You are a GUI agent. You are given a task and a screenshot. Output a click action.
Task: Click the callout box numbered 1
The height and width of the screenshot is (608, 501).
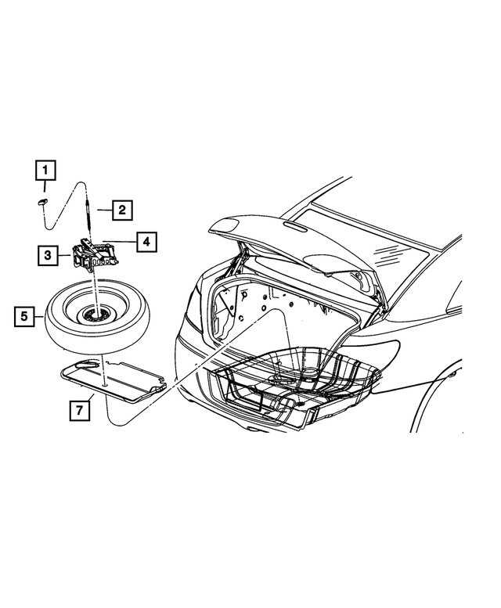click(x=45, y=169)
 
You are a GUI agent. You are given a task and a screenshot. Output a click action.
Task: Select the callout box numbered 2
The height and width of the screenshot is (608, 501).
click(x=121, y=210)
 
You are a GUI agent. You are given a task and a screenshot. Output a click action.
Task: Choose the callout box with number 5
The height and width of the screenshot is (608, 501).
click(x=25, y=316)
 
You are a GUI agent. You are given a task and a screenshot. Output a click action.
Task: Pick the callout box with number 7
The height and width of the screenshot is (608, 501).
click(x=77, y=408)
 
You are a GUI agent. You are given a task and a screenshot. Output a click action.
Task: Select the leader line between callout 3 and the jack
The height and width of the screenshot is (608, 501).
click(x=65, y=254)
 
